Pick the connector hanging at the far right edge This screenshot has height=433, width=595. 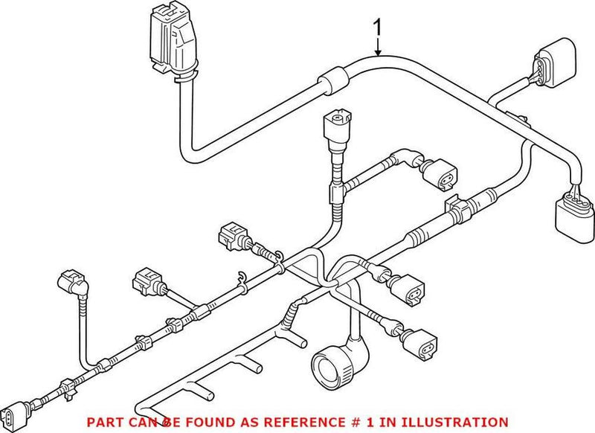coord(572,214)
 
